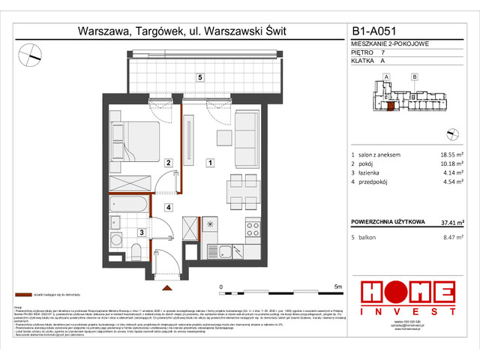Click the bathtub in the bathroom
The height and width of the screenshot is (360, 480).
(x=130, y=202)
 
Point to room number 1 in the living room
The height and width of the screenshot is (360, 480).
(x=211, y=162)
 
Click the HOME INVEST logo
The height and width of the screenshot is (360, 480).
(x=408, y=295)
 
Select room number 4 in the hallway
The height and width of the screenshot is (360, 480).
(x=169, y=207)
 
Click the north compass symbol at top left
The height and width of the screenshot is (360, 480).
(x=31, y=52)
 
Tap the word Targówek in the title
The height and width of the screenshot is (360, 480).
(x=157, y=31)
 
